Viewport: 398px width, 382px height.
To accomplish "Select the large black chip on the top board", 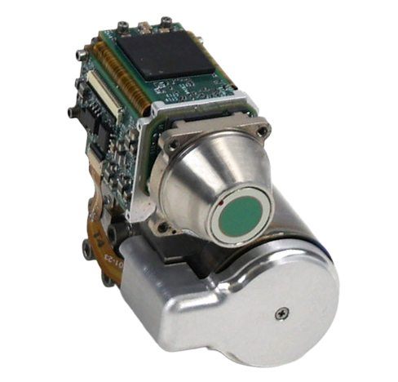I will point(166,54).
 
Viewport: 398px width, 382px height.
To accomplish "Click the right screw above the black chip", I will point(166,20).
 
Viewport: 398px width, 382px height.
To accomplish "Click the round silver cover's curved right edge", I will point(333,294).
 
